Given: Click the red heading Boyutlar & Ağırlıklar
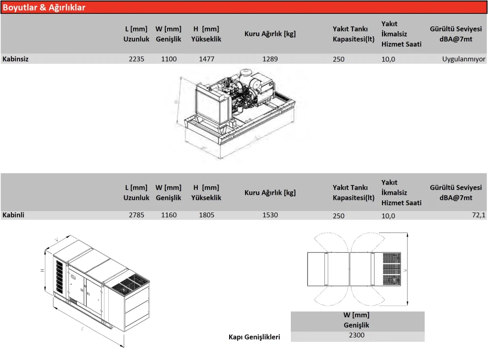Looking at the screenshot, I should pos(44,7).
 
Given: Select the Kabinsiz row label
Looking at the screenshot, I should pos(15,59).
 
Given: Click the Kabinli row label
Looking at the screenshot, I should pos(13,215).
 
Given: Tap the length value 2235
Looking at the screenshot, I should pos(137,59).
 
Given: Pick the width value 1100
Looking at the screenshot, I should pos(169,59).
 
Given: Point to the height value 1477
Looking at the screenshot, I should pos(206,59).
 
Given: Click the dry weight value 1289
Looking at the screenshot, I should pos(270,59).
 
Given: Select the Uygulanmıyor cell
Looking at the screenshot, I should pos(464,59).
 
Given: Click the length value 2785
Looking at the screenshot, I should pos(137,215).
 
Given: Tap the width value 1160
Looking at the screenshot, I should pos(169,215).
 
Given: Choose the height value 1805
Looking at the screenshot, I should pos(206,215).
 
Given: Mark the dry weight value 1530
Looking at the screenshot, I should pos(270,215).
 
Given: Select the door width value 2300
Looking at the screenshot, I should pos(357,335).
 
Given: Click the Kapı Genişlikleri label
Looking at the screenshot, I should pos(255,337).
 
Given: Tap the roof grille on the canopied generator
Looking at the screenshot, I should pos(127,285).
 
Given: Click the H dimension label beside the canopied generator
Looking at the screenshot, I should pos(43,270).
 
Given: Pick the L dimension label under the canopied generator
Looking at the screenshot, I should pos(83,329).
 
